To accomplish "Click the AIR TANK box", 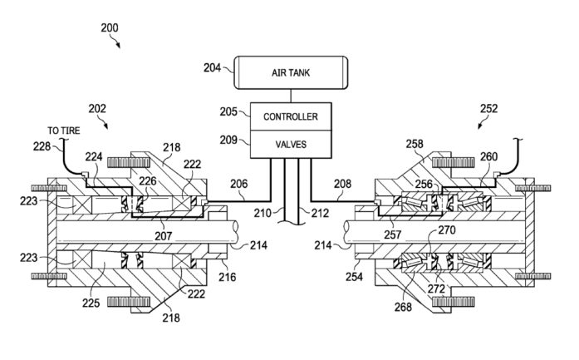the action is click(x=291, y=72).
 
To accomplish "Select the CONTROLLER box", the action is click(x=291, y=116).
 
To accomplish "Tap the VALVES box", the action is click(x=291, y=144).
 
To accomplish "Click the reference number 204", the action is click(x=212, y=67).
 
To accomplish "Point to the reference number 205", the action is click(x=228, y=111).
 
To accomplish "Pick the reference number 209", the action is click(x=228, y=140).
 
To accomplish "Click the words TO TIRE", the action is click(x=63, y=131).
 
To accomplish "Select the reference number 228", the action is click(x=42, y=146).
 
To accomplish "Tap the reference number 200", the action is click(x=110, y=27).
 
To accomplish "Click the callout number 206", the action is click(x=239, y=184).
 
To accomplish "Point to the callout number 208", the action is click(x=342, y=184).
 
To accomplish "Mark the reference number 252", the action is click(x=489, y=108).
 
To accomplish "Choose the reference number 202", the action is click(x=97, y=108).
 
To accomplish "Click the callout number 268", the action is click(x=403, y=307).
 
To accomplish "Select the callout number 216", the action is click(x=227, y=277).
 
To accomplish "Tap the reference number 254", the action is click(x=354, y=277).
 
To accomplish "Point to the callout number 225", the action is click(x=91, y=303).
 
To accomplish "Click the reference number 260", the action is click(x=489, y=156).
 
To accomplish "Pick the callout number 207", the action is click(x=163, y=235).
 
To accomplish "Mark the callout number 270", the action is click(x=447, y=230).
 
